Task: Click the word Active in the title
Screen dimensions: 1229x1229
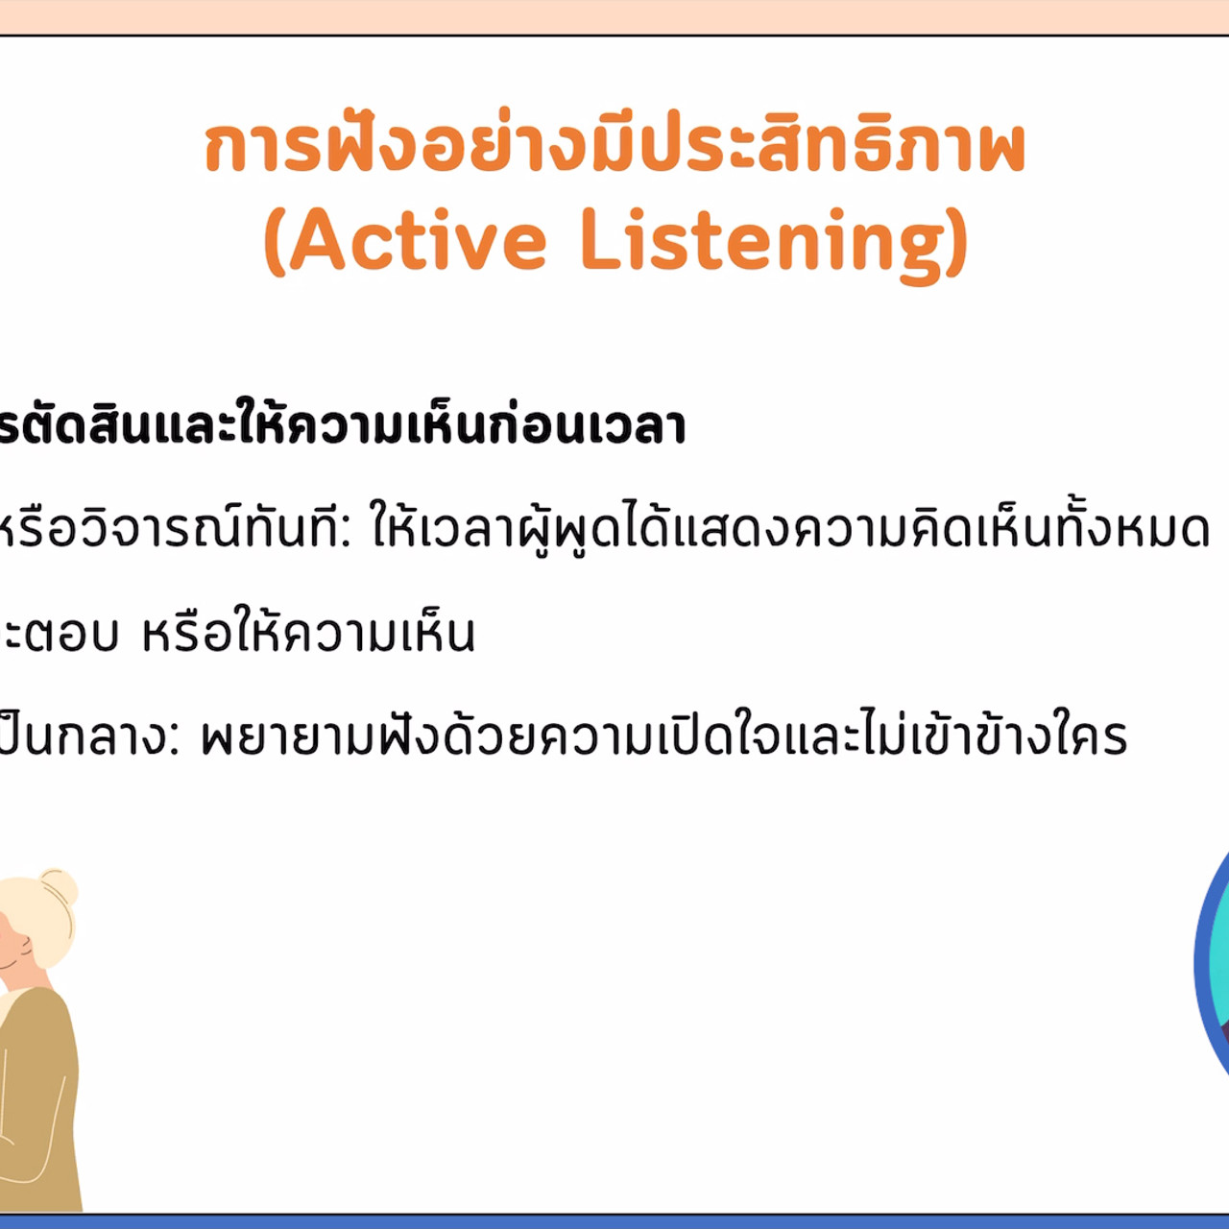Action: [418, 240]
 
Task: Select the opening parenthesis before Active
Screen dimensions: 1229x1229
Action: [275, 242]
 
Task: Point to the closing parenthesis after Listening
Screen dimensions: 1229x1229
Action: [956, 242]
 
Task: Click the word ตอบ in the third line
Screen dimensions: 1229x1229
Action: [72, 635]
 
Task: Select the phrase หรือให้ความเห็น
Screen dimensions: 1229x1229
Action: [308, 633]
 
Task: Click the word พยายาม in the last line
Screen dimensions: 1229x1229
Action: [287, 737]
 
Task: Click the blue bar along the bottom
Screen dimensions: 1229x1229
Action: [614, 1221]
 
